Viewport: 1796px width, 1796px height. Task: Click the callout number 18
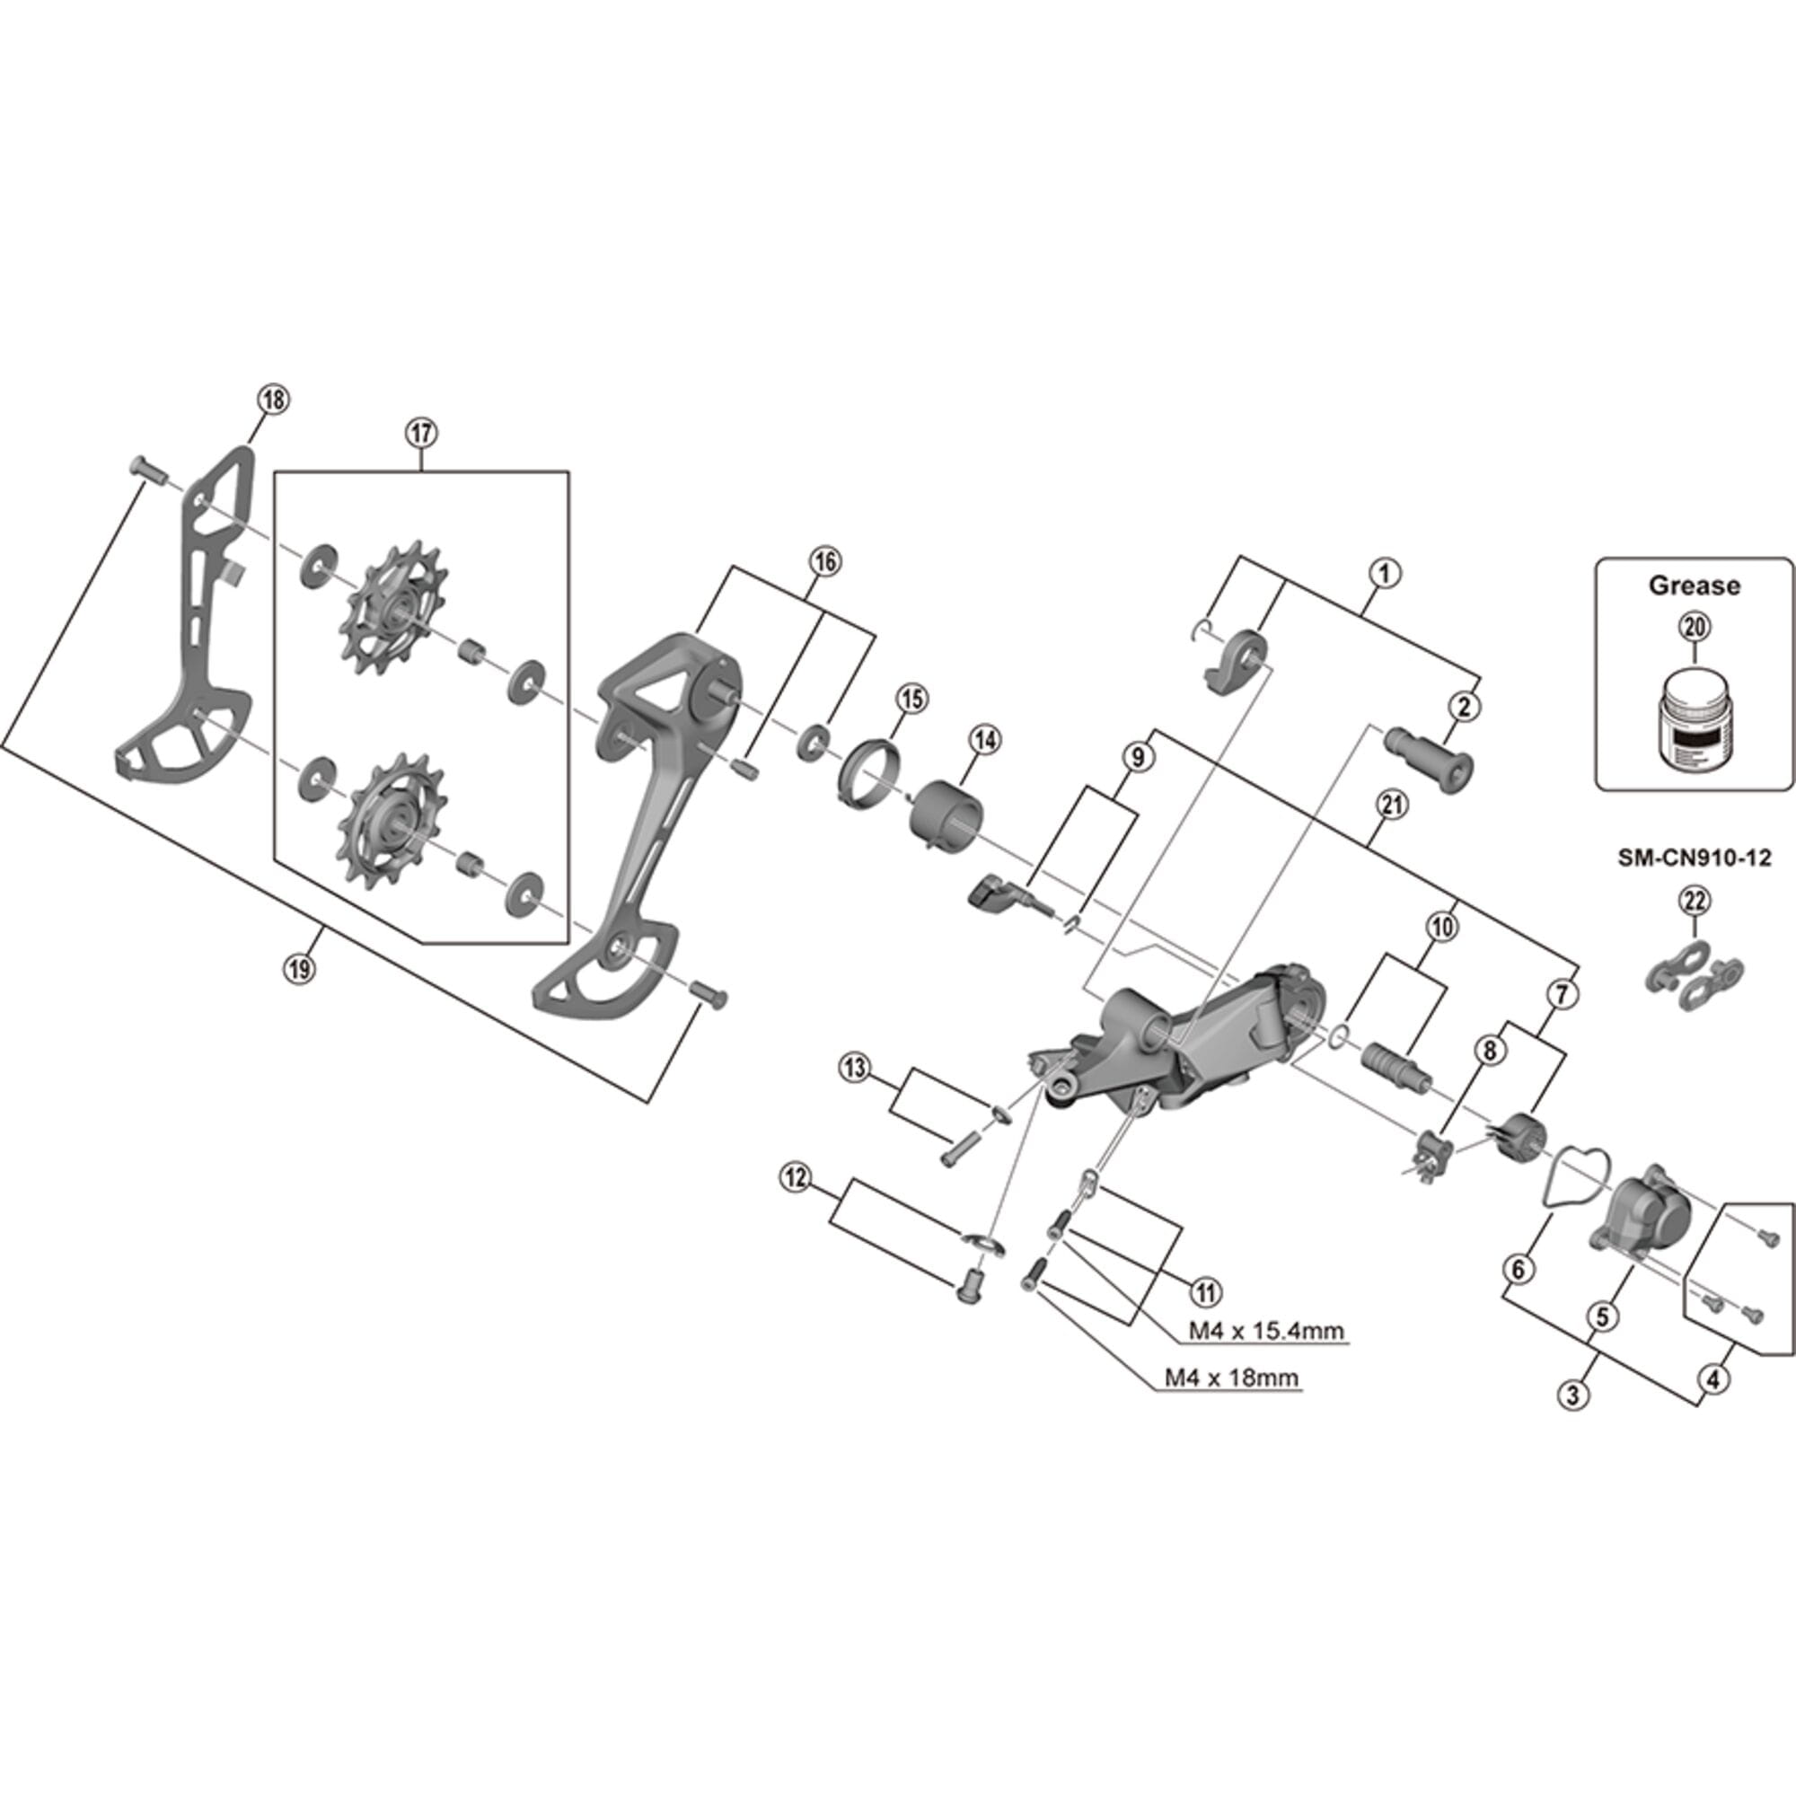(272, 400)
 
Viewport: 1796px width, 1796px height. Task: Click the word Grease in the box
(1694, 585)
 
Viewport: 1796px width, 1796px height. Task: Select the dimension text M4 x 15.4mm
(1266, 1330)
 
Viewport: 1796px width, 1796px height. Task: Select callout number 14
(983, 740)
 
